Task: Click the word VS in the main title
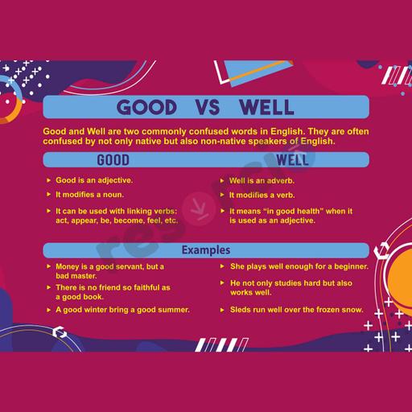click(x=208, y=107)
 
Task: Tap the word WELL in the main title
click(x=266, y=107)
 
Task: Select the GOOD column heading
click(x=113, y=160)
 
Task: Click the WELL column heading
click(x=292, y=160)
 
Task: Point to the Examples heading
click(x=206, y=250)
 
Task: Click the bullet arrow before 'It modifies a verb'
click(x=222, y=195)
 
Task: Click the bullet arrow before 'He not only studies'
click(x=222, y=282)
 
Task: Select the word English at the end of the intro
click(x=318, y=142)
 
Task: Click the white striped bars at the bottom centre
click(x=222, y=345)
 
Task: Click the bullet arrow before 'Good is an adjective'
click(x=48, y=180)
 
